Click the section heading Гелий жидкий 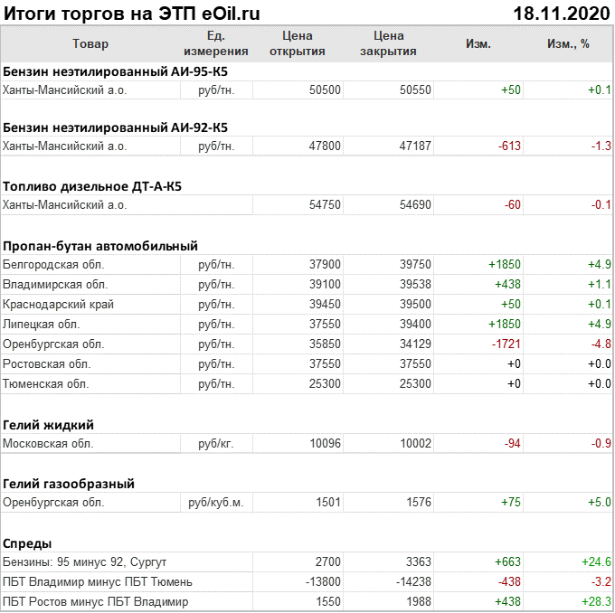click(x=49, y=425)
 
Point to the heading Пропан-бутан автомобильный click(x=100, y=246)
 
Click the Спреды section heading click(x=27, y=543)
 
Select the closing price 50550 click(x=414, y=90)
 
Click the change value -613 click(x=507, y=146)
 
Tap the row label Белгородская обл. click(x=53, y=265)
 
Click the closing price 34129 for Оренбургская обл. click(x=414, y=344)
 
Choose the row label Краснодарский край click(x=59, y=305)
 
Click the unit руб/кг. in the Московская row click(x=215, y=444)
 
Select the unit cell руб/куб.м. click(x=215, y=503)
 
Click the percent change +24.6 click(x=597, y=562)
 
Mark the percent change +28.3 click(x=597, y=602)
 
